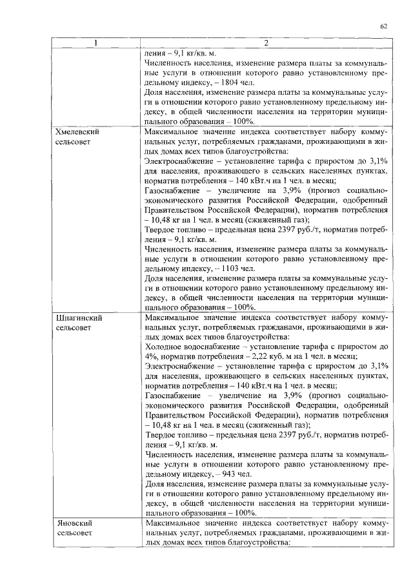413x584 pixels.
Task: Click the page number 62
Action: tap(384, 26)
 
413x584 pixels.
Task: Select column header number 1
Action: tap(96, 43)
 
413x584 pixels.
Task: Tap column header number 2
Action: tap(266, 43)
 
